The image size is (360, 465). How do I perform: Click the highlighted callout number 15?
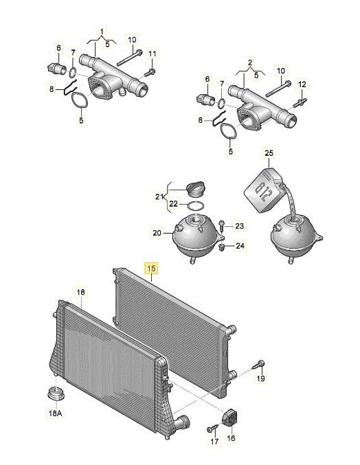151,268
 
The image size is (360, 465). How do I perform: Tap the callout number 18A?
55,413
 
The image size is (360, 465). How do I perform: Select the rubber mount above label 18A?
56,394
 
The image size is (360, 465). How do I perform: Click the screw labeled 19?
259,364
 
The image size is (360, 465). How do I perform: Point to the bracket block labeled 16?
229,417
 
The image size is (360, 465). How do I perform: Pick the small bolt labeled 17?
213,428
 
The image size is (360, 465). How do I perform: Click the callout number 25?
269,153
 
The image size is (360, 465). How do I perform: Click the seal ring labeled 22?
196,205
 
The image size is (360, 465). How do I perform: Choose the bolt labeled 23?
221,226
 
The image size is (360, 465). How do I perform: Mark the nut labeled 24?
221,247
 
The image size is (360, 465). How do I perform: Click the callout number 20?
157,233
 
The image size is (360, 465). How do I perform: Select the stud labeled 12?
300,102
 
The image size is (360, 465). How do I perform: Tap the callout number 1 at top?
102,32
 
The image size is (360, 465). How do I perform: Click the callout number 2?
250,63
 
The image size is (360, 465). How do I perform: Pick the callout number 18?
80,292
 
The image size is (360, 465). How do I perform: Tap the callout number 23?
239,226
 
